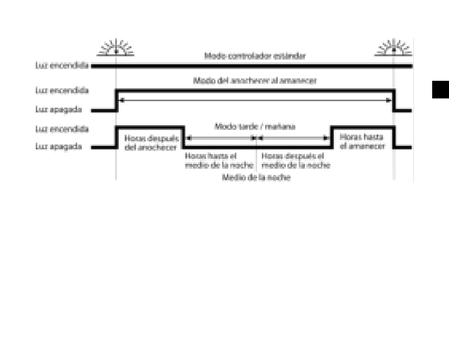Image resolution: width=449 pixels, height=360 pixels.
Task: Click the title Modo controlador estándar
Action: click(255, 56)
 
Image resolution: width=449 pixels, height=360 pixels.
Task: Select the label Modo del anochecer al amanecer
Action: click(255, 81)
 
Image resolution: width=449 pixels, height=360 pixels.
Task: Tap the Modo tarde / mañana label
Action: click(255, 127)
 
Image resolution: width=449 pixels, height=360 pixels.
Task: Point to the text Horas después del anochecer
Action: click(151, 142)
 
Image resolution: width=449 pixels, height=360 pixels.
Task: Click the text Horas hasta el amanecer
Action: click(362, 141)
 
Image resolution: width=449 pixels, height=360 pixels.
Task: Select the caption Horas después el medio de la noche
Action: click(295, 160)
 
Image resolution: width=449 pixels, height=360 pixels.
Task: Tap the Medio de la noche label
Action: click(256, 178)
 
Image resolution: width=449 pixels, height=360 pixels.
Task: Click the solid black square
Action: click(440, 89)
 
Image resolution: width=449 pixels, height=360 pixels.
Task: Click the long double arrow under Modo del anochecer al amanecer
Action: click(255, 100)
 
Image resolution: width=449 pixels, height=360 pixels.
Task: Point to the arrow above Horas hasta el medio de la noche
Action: click(221, 138)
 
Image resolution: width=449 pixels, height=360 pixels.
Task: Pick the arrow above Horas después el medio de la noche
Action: click(293, 138)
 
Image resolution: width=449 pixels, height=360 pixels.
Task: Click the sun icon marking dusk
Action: click(116, 47)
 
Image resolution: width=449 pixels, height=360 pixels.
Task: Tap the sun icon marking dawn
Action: click(394, 47)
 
